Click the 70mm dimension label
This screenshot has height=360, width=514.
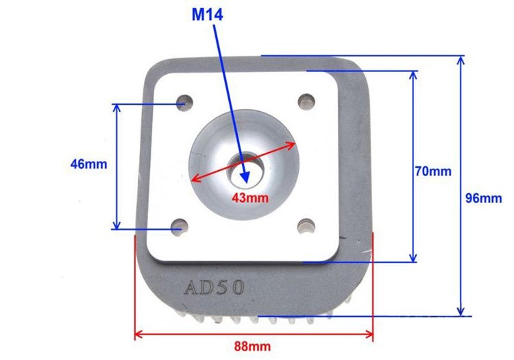(x=433, y=171)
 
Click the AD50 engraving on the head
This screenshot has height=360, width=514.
(x=213, y=287)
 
